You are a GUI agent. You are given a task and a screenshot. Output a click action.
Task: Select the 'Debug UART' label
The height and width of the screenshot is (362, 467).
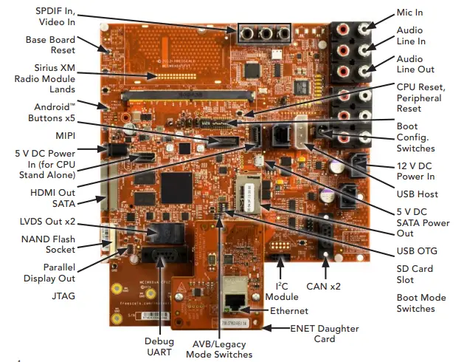point(159,346)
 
